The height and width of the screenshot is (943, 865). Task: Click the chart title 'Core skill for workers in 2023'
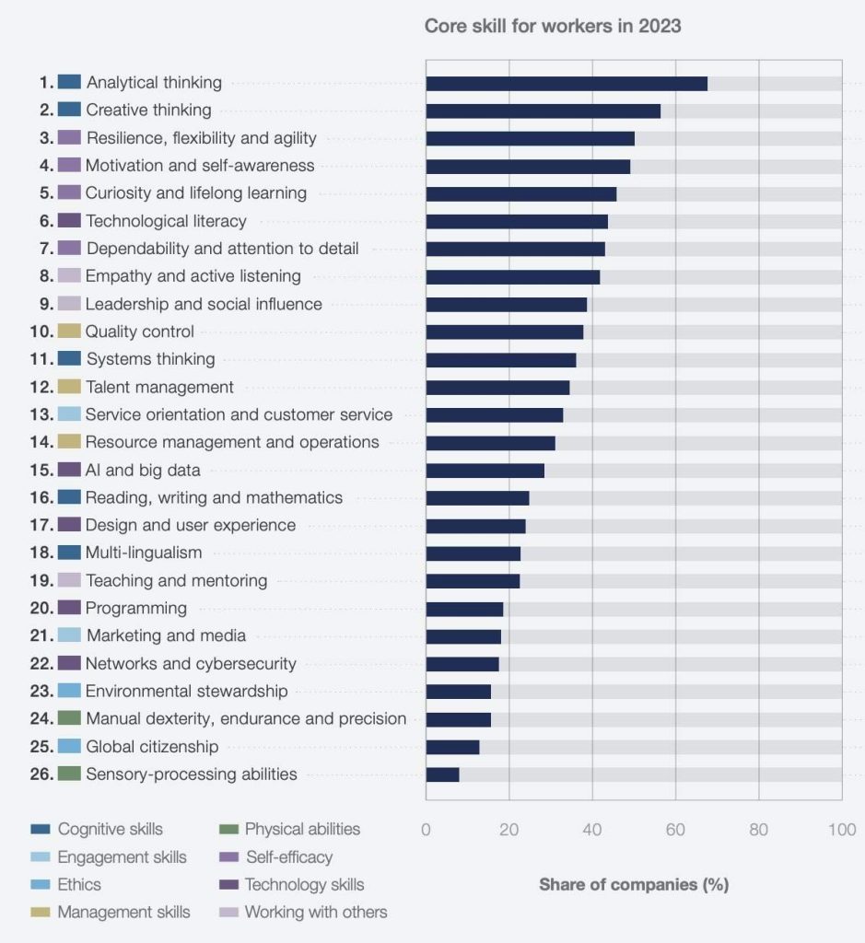pos(553,26)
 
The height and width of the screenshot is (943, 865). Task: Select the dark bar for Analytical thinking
pos(567,84)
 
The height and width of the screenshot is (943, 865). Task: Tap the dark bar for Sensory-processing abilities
pos(442,774)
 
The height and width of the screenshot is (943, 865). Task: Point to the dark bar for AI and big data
pos(485,471)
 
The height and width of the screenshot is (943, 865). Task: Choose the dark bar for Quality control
pos(504,332)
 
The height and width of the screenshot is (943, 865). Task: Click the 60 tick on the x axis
pos(675,830)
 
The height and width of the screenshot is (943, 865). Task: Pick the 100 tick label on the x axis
pos(842,830)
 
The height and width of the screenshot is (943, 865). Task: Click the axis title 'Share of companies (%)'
pos(634,885)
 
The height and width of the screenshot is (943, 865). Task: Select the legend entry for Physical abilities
pos(302,830)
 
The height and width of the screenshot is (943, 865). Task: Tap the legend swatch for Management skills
pos(42,913)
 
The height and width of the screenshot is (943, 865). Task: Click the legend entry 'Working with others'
pos(315,913)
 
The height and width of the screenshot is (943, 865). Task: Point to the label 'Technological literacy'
pos(166,221)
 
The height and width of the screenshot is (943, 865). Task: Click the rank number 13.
pos(41,415)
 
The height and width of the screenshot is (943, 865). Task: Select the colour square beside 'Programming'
pos(69,608)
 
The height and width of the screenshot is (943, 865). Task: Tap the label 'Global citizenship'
pos(152,747)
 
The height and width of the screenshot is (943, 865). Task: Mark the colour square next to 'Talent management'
pos(69,387)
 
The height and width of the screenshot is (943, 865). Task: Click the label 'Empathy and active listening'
pos(193,276)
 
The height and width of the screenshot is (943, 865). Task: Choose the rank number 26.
pos(41,774)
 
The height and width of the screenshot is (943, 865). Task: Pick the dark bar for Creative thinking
pos(543,111)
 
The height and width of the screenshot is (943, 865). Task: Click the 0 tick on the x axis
pos(426,830)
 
